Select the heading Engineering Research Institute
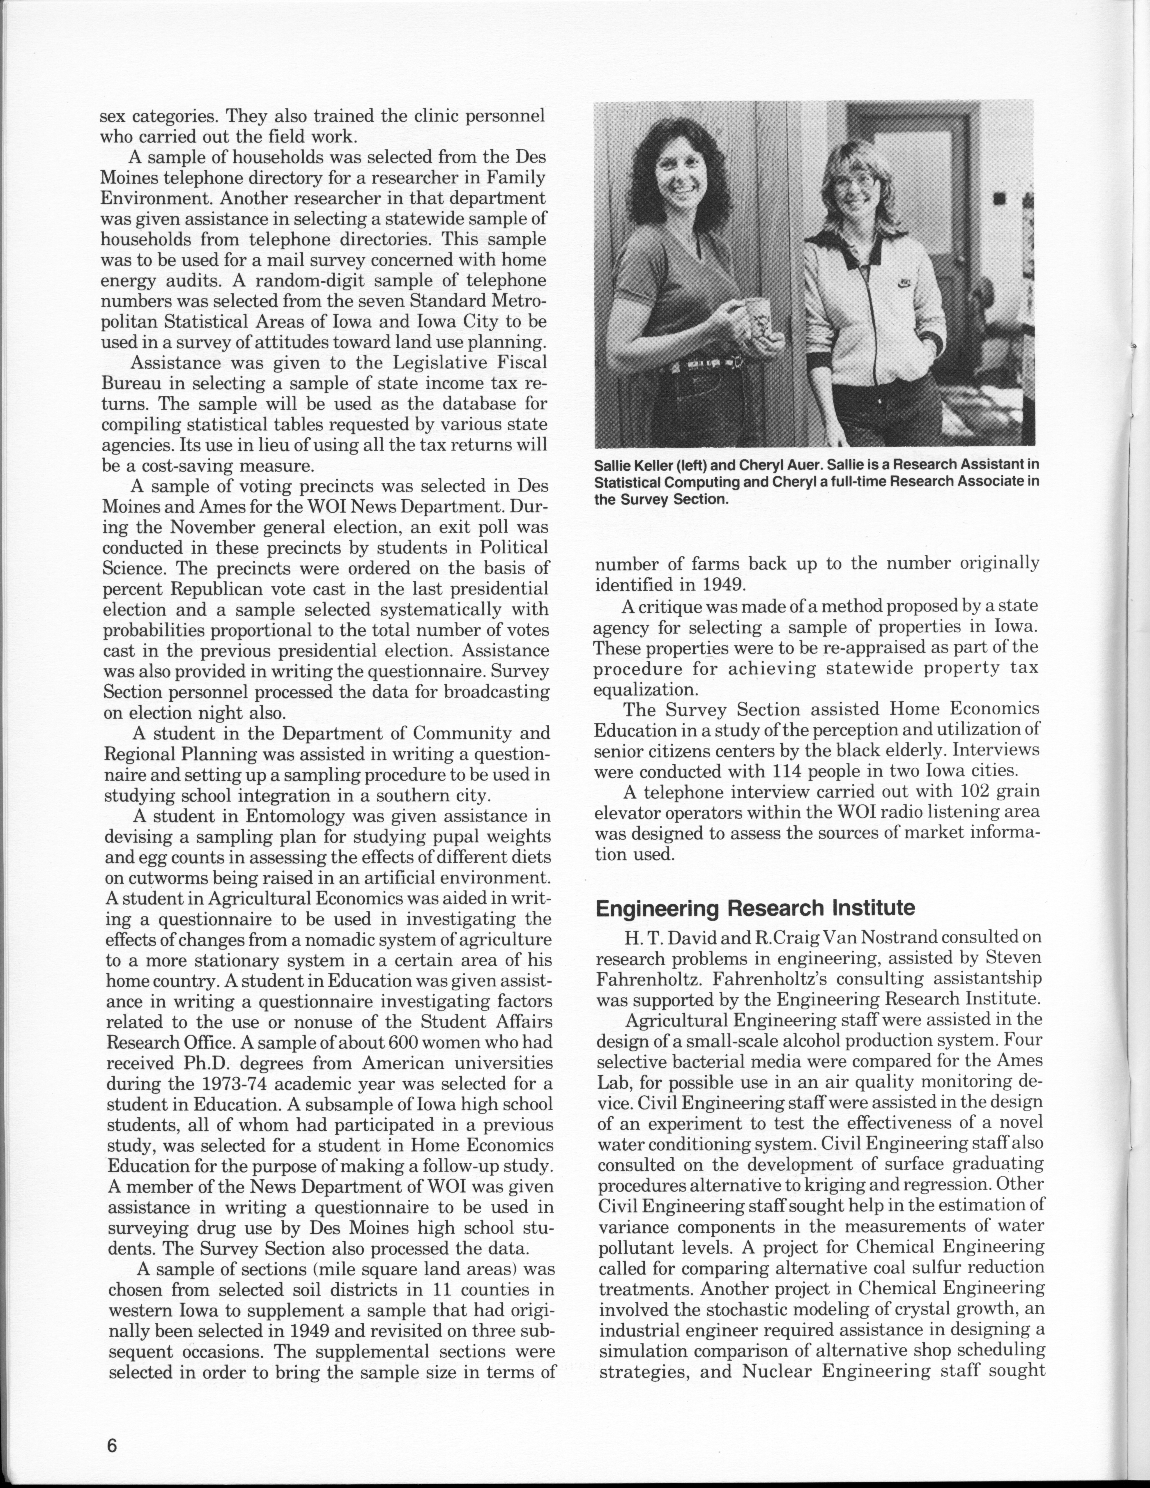pos(755,908)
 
